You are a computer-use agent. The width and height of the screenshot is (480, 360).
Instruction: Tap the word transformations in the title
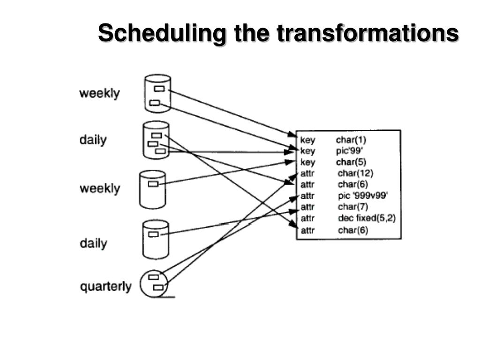367,34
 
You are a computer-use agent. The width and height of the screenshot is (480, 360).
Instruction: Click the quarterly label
106,286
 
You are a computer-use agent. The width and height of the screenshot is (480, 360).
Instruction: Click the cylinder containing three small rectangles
156,140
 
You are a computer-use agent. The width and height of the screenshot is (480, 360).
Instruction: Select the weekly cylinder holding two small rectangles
157,93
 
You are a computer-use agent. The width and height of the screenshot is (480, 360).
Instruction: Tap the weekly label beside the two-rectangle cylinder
99,93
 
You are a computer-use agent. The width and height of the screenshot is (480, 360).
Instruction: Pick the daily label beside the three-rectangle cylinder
93,140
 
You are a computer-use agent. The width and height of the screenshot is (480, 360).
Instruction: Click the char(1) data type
350,140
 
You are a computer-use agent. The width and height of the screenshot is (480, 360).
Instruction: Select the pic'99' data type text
350,151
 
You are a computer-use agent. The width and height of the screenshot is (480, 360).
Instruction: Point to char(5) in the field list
350,162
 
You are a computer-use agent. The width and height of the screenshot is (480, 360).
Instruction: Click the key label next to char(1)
307,140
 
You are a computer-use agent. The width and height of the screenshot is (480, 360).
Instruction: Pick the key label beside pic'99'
307,151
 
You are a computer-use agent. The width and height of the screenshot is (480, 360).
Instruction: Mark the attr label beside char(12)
307,173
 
